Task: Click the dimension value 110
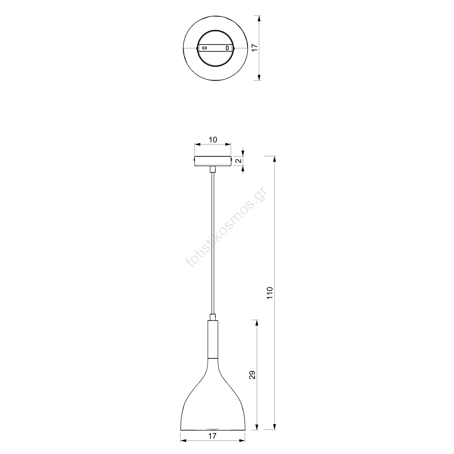click(x=270, y=293)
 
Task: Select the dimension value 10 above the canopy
click(x=213, y=140)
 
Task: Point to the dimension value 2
click(x=239, y=161)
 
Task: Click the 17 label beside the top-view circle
click(x=255, y=47)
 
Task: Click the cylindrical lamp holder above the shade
click(x=213, y=339)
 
